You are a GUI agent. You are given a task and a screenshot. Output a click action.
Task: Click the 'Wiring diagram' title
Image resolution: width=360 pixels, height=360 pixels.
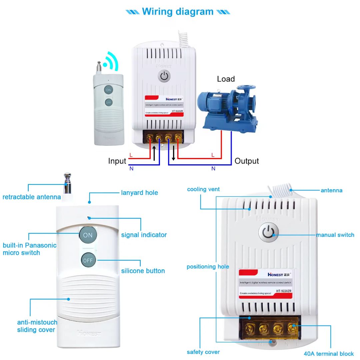coord(178,11)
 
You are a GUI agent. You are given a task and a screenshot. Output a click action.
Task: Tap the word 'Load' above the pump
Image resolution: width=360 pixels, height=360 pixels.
coord(226,79)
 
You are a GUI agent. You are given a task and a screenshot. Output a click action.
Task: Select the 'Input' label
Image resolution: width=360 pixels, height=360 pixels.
coord(117,161)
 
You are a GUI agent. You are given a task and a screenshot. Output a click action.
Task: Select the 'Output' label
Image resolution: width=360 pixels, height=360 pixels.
coord(247,161)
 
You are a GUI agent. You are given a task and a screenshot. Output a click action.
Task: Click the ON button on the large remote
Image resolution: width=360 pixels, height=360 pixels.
coord(88,235)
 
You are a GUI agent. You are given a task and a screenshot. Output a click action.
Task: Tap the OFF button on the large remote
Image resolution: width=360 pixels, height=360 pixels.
coord(88,260)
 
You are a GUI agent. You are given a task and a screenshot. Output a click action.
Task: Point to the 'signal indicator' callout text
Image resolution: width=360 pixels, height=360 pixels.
coord(144,235)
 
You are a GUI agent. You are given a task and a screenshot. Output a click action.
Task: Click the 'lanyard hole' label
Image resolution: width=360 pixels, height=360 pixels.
coord(139,193)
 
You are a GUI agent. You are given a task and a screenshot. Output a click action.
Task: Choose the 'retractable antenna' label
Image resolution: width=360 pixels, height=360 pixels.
coord(32,197)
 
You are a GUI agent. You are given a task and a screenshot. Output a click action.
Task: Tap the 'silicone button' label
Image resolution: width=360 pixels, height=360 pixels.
coord(143,271)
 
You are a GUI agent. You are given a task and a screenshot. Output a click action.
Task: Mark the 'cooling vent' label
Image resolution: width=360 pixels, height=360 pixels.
coord(203,189)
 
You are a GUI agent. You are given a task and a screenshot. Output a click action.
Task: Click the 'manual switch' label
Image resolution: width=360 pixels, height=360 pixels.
coord(335,235)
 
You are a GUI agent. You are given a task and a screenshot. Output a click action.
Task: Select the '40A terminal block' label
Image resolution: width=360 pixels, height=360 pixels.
coord(329,354)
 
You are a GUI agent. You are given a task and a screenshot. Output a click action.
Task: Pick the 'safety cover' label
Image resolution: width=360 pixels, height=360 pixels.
coord(203,352)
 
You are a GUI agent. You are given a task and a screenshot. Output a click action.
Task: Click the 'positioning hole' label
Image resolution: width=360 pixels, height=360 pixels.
coord(208,267)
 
